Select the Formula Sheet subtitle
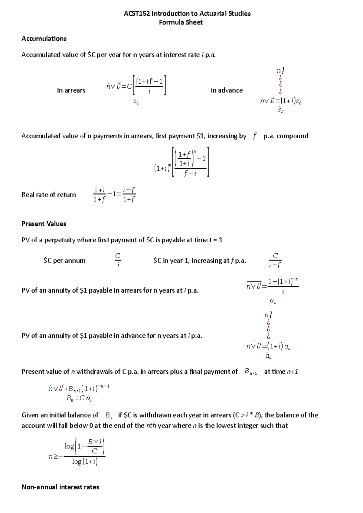[181, 22]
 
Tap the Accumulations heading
[44, 39]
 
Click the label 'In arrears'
[71, 90]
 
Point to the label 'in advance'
[227, 90]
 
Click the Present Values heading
[44, 224]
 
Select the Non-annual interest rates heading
[60, 487]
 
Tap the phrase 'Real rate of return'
[48, 195]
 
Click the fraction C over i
[118, 260]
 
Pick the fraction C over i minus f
[275, 260]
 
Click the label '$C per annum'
[64, 261]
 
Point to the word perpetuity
[60, 240]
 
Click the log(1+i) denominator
[85, 462]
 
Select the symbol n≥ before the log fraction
[53, 456]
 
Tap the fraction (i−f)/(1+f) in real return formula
[129, 195]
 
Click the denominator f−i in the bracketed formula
[190, 173]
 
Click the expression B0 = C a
[79, 398]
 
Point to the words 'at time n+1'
[281, 372]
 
